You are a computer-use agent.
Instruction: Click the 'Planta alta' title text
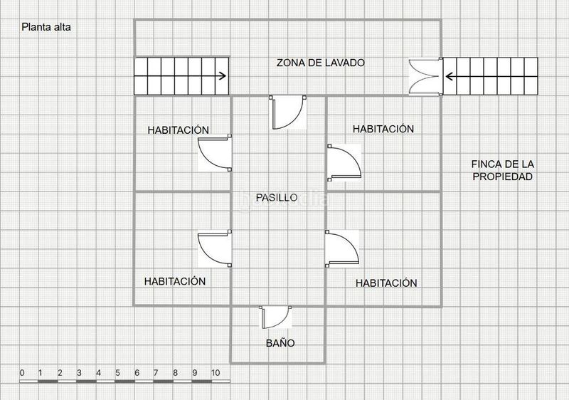46,28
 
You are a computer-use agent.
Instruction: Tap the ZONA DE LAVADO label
320,63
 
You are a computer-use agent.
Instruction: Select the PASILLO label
277,197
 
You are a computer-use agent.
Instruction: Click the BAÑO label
280,343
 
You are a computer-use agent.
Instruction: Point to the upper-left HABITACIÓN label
178,130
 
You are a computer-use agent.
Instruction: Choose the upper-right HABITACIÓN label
383,129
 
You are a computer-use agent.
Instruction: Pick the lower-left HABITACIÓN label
174,281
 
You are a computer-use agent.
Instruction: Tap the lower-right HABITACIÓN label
386,283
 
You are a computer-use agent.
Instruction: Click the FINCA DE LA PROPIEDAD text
502,170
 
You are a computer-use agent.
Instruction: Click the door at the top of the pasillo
288,112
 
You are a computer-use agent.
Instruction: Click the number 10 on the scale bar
215,372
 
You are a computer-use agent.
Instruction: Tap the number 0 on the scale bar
22,372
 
